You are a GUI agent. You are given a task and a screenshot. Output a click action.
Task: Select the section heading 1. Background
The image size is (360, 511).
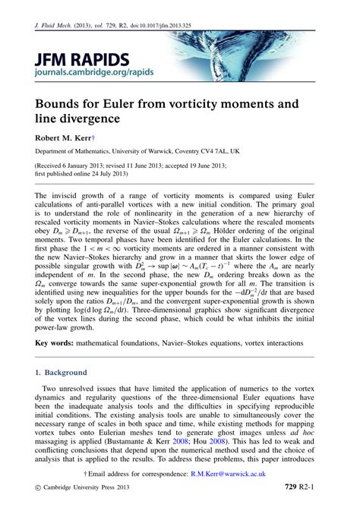click(x=60, y=373)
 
